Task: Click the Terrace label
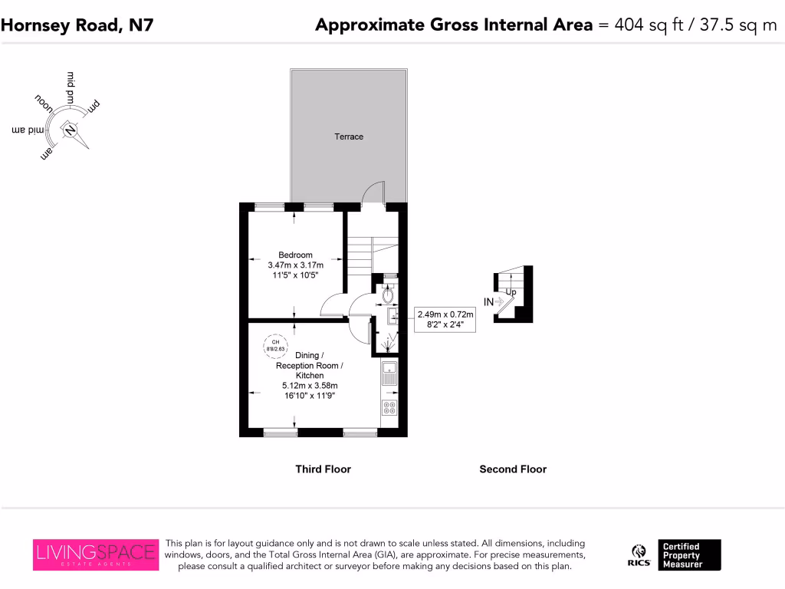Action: point(349,137)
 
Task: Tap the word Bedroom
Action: point(295,255)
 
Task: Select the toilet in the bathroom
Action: point(389,294)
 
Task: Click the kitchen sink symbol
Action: point(389,374)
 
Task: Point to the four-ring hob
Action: point(389,407)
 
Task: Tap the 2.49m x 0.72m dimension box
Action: point(445,319)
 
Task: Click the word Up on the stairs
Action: point(511,291)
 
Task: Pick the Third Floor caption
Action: point(323,469)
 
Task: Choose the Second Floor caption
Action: point(513,469)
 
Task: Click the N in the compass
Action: point(71,130)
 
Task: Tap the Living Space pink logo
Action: point(96,554)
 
